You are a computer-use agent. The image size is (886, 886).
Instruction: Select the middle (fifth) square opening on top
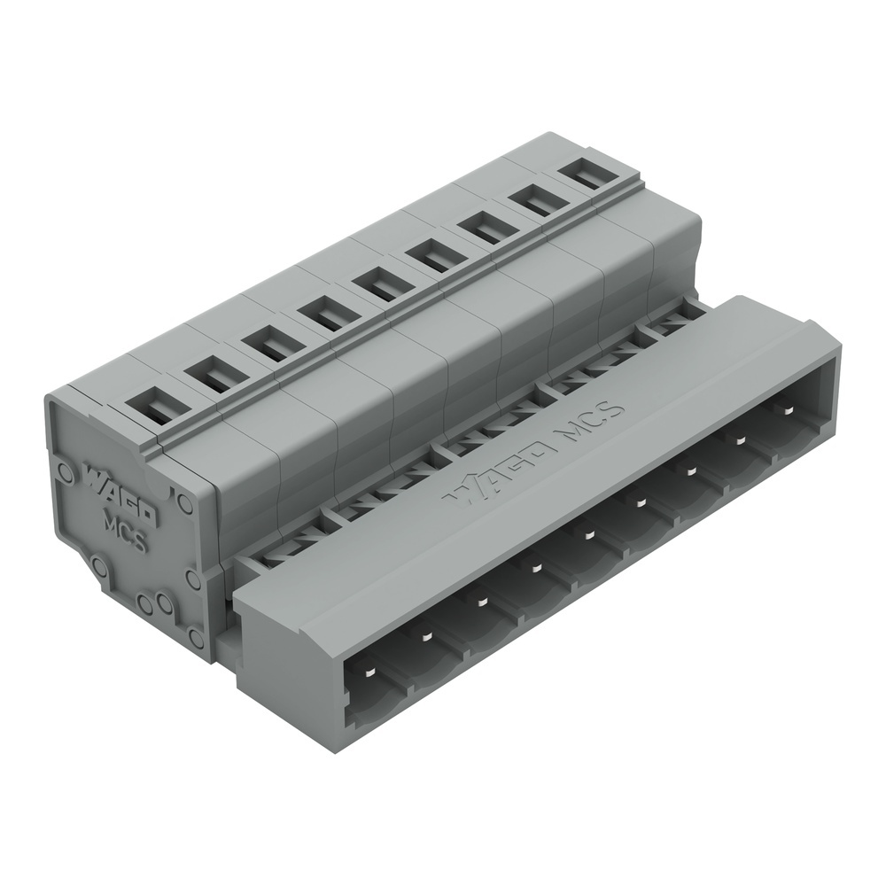pyautogui.click(x=378, y=285)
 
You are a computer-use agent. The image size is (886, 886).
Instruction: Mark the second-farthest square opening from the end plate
pyautogui.click(x=538, y=200)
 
